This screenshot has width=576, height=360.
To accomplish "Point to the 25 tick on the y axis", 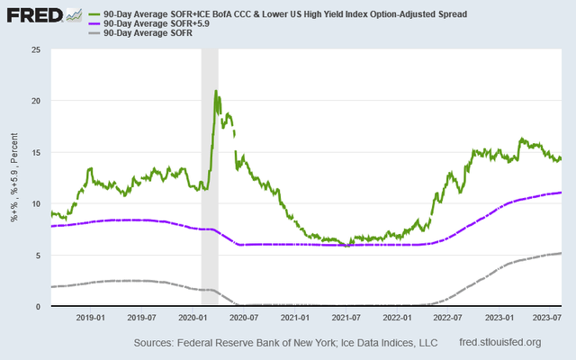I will click(x=37, y=49).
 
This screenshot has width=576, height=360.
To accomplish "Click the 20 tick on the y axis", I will click(x=37, y=101).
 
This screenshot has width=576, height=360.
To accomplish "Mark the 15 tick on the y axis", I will click(x=37, y=152).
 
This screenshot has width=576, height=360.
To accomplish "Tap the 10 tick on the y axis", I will click(x=37, y=203).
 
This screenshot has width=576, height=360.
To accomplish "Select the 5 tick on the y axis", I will click(x=40, y=255).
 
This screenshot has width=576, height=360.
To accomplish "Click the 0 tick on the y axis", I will click(x=40, y=306).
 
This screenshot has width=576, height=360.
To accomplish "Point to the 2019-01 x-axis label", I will click(x=92, y=317).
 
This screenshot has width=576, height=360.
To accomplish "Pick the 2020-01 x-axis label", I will click(x=194, y=317).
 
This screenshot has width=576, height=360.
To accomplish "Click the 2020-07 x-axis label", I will click(x=245, y=317).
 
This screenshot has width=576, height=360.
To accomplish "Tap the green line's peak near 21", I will click(x=216, y=91).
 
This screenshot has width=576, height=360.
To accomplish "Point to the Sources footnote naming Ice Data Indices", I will click(x=285, y=343).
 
